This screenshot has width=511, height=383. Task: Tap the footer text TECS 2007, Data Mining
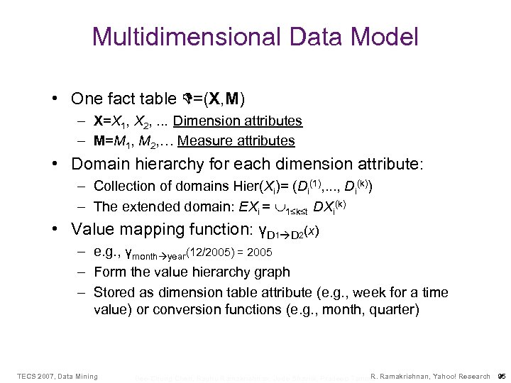57,376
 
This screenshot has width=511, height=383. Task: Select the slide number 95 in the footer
501,376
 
